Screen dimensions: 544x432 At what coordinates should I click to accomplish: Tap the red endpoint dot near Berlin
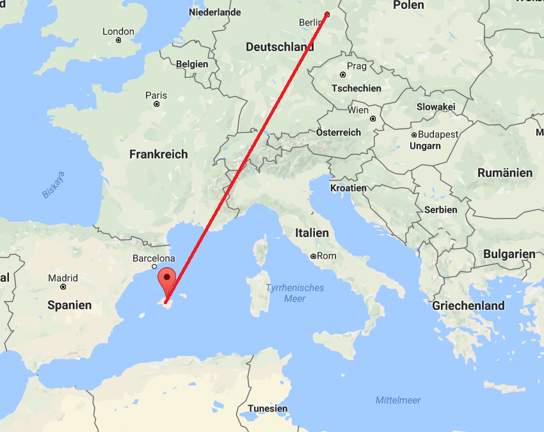327,14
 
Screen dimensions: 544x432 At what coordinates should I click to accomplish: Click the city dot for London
118,40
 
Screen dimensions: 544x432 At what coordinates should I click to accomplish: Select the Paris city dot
156,104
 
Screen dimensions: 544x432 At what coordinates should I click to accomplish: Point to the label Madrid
63,279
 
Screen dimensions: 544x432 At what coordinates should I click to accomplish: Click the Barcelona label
154,259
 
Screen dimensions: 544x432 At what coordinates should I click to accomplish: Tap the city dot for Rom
313,256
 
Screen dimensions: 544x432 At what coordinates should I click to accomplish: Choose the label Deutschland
280,47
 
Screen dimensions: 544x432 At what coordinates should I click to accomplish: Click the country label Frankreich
159,154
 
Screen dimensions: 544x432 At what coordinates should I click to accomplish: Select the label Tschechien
356,89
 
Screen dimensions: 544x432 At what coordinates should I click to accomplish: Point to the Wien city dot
372,119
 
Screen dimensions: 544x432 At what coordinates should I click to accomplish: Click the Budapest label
438,135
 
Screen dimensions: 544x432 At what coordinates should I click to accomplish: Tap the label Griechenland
468,305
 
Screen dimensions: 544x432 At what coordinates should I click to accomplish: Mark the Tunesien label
267,408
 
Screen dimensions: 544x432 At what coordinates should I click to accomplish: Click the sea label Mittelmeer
398,401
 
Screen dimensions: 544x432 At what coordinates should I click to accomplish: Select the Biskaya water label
54,184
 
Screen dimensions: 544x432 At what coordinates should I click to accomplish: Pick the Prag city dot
343,75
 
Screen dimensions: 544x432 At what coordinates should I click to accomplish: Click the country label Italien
312,233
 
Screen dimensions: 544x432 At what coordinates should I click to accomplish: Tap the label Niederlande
215,12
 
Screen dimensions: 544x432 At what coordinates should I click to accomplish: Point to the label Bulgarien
509,254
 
